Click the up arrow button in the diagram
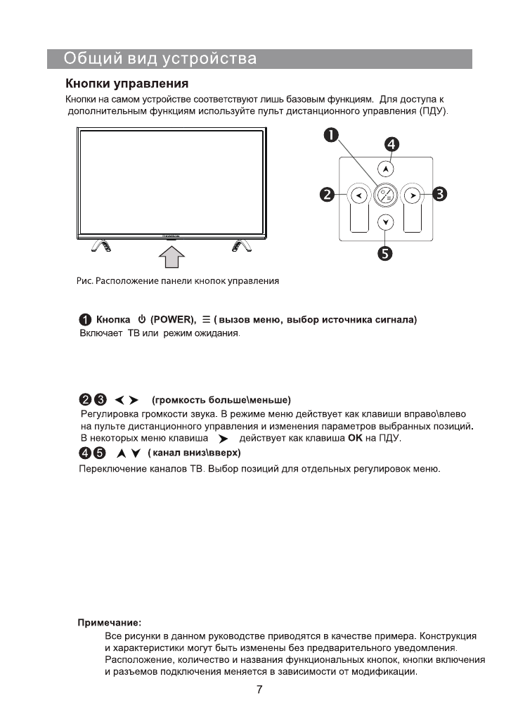click(385, 169)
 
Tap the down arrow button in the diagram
click(385, 221)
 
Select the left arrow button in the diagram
click(358, 195)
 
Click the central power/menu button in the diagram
click(385, 195)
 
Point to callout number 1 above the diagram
click(330, 135)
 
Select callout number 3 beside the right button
click(441, 194)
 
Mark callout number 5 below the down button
click(386, 252)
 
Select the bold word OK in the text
click(354, 439)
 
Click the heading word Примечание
click(109, 622)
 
